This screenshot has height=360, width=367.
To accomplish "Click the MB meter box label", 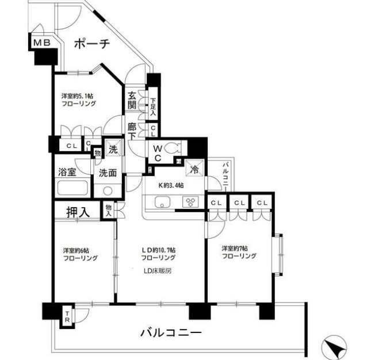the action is tap(42, 43).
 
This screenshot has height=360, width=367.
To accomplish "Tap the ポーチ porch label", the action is tap(92, 44).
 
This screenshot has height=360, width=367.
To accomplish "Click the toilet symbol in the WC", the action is tap(173, 148).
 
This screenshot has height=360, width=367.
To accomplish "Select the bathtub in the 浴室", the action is tap(72, 187).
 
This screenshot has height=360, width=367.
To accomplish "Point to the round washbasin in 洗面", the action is tap(108, 191).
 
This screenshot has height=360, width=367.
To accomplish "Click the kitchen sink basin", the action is tap(162, 202).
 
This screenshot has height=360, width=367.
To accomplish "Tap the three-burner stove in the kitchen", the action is tap(190, 202).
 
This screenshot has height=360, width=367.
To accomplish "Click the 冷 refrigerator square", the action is tap(194, 168).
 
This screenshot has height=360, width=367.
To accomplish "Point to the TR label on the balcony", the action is tap(67, 316).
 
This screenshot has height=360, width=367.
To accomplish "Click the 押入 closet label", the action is tap(78, 212).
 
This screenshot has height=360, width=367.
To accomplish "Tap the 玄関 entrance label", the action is tap(132, 100).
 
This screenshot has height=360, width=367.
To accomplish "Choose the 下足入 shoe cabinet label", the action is tap(153, 107).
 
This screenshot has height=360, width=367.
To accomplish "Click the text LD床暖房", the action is tap(158, 271).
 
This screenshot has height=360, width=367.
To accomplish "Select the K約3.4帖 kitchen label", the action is tap(171, 186).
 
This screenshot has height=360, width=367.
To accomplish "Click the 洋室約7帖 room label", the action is tap(235, 248).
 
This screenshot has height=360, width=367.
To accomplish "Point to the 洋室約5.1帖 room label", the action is tap(77, 96).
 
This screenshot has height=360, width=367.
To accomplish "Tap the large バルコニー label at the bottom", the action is tap(171, 332).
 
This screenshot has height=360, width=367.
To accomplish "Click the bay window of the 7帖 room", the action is tap(278, 255).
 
